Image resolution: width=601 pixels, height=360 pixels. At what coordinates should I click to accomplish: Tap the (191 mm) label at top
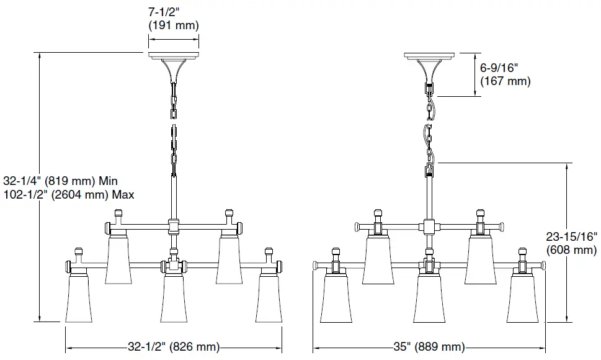(174, 25)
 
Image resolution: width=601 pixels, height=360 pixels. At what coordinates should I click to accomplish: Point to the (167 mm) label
(505, 81)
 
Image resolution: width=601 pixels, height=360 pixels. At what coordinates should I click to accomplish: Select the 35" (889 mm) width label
(429, 347)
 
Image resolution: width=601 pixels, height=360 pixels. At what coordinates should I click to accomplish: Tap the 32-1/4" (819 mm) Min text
(60, 181)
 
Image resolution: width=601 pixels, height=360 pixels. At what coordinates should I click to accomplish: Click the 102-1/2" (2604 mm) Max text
(69, 194)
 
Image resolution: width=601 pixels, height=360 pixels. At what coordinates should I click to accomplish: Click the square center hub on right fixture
(429, 226)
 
